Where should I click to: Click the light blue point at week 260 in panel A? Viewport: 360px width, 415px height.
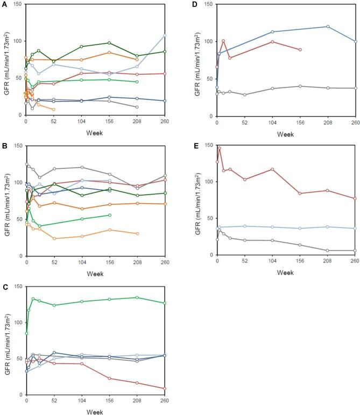click(x=165, y=35)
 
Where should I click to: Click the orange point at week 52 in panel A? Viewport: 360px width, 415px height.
click(x=54, y=110)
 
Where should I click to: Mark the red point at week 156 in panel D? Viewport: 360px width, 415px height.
click(x=300, y=49)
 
